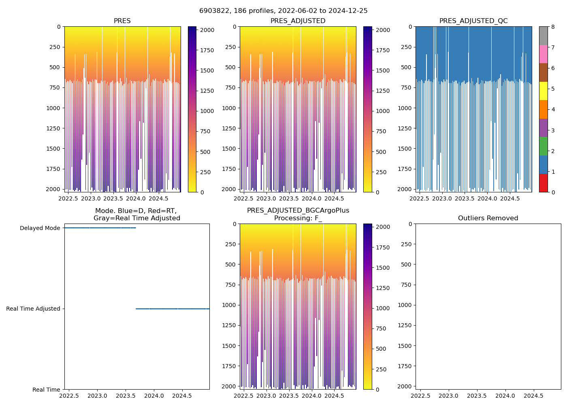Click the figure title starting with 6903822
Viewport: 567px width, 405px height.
click(283, 11)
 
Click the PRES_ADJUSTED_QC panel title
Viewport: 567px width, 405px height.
click(473, 21)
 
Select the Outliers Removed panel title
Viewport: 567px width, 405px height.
click(488, 218)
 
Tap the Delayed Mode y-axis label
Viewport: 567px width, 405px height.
click(40, 228)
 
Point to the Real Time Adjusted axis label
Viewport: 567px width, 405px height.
click(33, 309)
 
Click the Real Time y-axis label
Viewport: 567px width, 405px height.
click(46, 390)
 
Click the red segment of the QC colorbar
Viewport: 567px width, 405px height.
click(543, 183)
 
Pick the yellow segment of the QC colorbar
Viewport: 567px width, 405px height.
click(543, 91)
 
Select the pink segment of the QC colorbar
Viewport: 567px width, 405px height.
click(543, 54)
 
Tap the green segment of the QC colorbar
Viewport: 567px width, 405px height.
click(543, 146)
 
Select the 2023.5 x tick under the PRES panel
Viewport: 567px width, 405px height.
click(114, 198)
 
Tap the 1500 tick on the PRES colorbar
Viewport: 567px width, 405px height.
click(208, 70)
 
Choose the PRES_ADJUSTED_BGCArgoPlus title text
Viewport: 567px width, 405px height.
click(298, 211)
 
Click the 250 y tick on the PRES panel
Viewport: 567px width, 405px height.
click(55, 47)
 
